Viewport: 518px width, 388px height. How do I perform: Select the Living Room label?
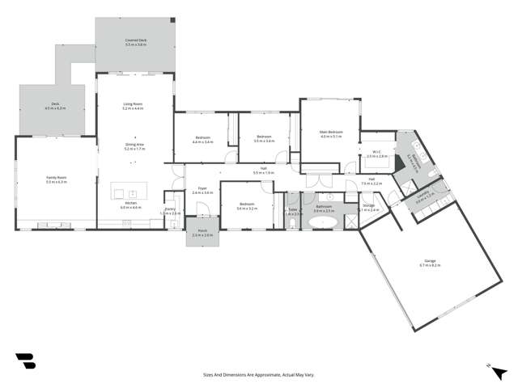click(133, 106)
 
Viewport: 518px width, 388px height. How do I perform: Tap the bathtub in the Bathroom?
click(325, 221)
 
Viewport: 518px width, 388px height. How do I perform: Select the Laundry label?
click(424, 193)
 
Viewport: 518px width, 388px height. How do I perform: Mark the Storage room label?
click(368, 208)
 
